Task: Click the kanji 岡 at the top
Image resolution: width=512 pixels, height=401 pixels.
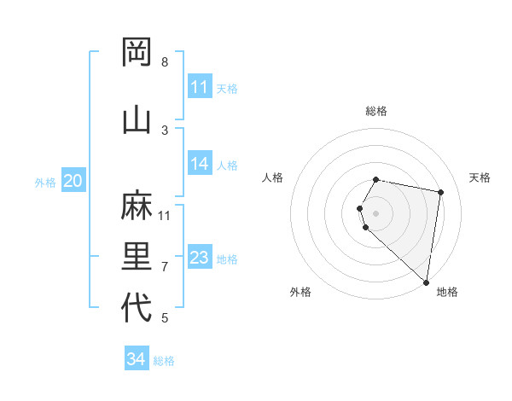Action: point(137,53)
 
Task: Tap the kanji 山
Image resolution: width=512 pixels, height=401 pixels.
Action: point(137,119)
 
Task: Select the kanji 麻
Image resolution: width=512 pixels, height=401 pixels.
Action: point(137,206)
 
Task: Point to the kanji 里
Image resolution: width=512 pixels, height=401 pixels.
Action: point(137,257)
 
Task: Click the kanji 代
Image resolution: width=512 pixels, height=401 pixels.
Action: point(137,308)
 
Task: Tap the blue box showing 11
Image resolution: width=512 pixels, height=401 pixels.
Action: point(200,87)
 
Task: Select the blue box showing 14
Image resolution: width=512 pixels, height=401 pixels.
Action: point(200,164)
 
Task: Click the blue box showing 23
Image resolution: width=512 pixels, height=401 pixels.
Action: point(200,258)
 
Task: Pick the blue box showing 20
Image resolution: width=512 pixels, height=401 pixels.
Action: point(73,181)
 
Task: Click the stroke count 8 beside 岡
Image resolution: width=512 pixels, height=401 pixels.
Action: point(165,62)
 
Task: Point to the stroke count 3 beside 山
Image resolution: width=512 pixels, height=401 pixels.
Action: point(165,131)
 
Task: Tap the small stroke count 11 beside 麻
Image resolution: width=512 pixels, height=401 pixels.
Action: point(165,215)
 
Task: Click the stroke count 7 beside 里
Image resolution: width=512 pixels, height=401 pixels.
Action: point(165,267)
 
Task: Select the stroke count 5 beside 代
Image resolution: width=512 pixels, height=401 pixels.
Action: point(165,318)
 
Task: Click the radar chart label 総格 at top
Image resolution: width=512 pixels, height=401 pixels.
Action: point(376,111)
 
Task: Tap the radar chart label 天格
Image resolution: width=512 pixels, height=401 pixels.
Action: point(480,177)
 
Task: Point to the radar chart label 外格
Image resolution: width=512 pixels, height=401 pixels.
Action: point(300,292)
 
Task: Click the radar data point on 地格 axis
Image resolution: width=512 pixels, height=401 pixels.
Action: point(426,282)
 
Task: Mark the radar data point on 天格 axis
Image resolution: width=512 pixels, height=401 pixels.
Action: point(440,192)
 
